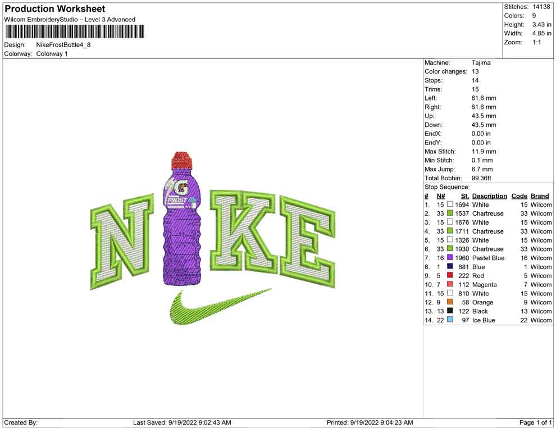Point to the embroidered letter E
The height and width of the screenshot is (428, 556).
point(307,241)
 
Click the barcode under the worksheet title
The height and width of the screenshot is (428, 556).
point(75,31)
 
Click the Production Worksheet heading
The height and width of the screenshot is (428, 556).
point(55,8)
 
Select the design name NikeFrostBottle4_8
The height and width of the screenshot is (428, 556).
point(63,45)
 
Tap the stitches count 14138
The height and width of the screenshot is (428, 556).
point(541,7)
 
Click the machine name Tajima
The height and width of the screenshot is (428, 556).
point(481,63)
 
